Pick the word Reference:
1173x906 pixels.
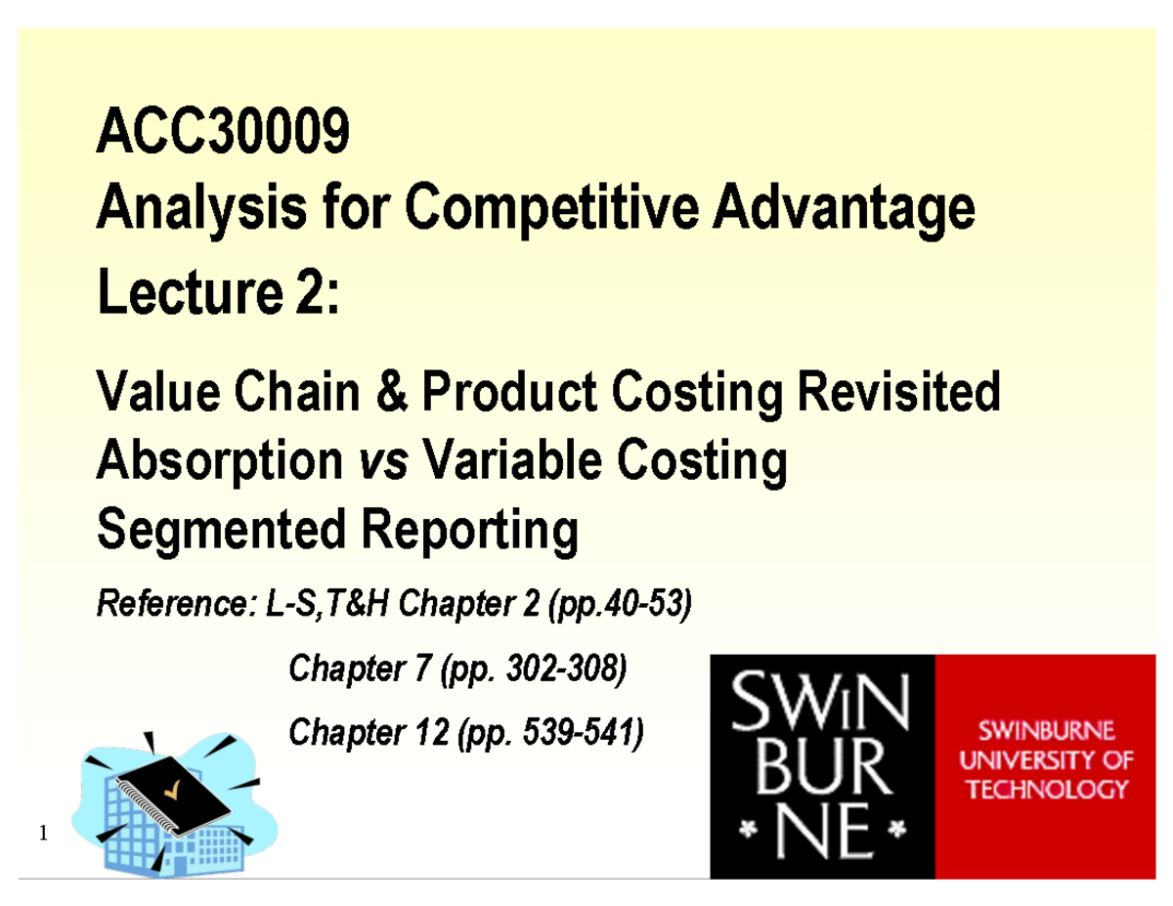click(x=173, y=607)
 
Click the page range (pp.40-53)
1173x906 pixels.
click(x=621, y=607)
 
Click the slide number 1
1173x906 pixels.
click(x=42, y=834)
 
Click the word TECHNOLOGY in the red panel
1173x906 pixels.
click(x=1048, y=789)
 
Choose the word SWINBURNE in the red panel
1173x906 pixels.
click(x=1048, y=730)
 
